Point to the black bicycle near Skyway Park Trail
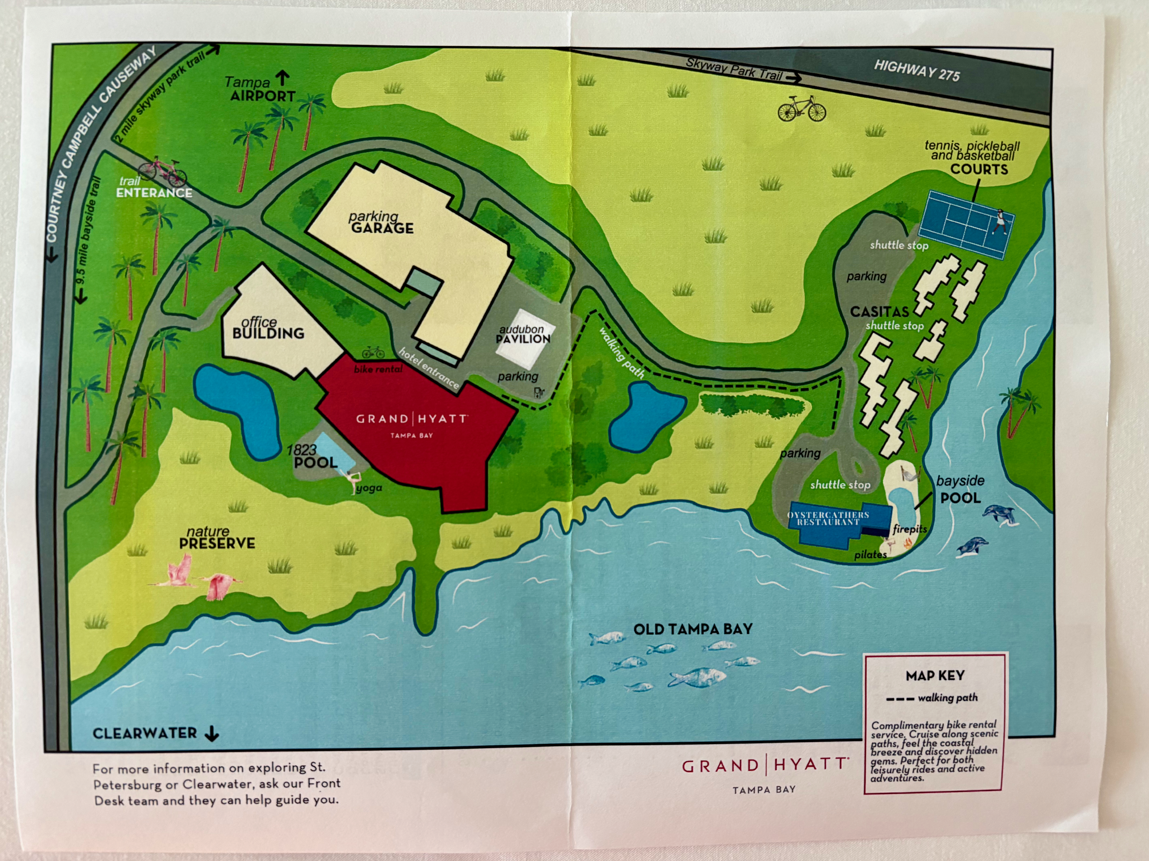point(801,109)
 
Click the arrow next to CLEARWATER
point(211,733)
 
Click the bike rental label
point(378,369)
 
